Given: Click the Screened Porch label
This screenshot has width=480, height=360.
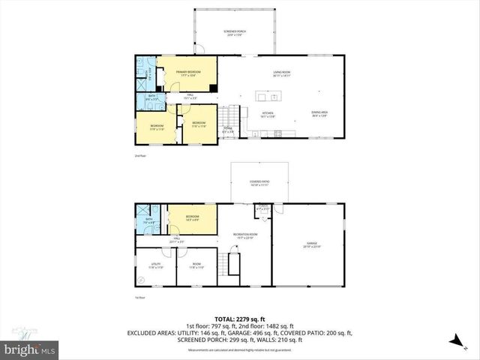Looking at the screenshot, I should [x=235, y=33].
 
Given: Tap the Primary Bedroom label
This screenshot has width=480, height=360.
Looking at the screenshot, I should [x=190, y=73].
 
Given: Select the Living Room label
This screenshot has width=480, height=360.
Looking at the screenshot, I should [x=282, y=73].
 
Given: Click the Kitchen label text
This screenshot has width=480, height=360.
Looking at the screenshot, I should [x=268, y=115].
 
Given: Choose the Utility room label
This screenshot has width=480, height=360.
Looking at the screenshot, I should [x=156, y=265].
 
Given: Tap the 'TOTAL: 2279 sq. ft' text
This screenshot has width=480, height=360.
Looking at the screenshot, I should [x=240, y=318].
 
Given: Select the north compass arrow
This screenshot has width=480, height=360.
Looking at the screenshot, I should [x=454, y=340].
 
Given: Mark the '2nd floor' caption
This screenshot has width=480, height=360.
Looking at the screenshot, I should [x=139, y=155].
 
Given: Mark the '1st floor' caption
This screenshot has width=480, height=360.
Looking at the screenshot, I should [x=139, y=298].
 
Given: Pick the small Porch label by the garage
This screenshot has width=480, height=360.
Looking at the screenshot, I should [x=262, y=209].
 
